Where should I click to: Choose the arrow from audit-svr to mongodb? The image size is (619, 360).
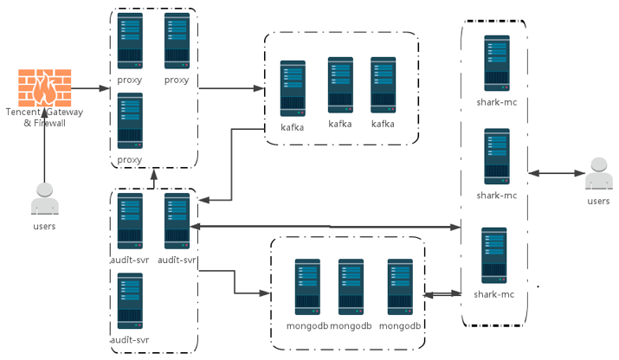click(234, 282)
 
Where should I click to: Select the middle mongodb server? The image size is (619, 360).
click(351, 286)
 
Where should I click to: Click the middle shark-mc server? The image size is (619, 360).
click(497, 157)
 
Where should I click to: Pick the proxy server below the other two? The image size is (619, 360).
click(130, 122)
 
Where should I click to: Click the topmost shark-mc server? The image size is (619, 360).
click(497, 63)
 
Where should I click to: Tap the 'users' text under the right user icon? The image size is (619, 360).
click(597, 201)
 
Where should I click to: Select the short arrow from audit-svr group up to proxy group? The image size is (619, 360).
click(154, 177)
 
